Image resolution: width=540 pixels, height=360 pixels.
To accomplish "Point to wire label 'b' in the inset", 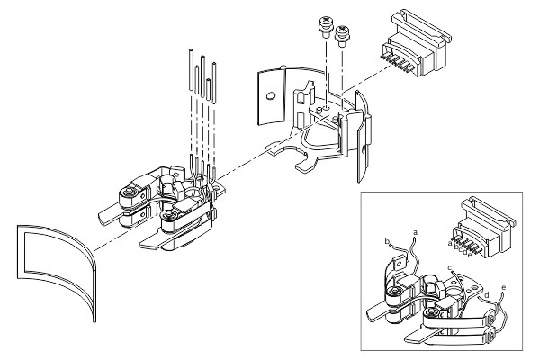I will [385, 242].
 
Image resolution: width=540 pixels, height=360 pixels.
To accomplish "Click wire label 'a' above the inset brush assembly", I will [414, 232].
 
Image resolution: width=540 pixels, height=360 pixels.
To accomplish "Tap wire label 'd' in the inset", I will [487, 294].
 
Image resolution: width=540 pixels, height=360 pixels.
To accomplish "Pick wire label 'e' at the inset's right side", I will [503, 288].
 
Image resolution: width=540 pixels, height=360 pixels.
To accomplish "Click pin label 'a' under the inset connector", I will [448, 241].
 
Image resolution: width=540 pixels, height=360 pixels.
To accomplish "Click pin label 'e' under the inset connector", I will [471, 254].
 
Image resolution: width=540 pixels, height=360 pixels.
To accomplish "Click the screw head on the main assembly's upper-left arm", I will [132, 192].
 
